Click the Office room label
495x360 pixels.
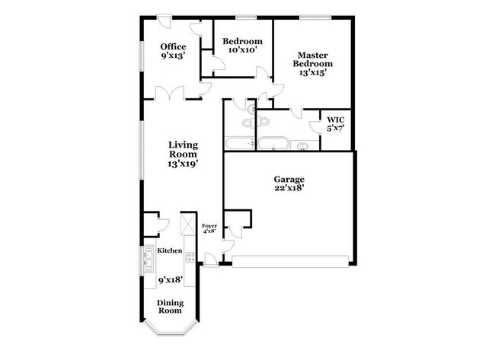(173, 47)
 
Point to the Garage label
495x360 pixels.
(289, 180)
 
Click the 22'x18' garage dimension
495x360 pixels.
(289, 189)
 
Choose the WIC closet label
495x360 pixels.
(336, 119)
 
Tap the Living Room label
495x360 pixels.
(183, 149)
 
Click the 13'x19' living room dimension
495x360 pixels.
(183, 164)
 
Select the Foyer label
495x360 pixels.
(209, 226)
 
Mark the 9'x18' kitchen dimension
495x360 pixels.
(170, 280)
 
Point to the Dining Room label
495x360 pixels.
(170, 306)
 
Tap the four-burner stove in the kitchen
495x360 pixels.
(190, 260)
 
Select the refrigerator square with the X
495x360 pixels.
(187, 225)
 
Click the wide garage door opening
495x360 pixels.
(292, 266)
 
